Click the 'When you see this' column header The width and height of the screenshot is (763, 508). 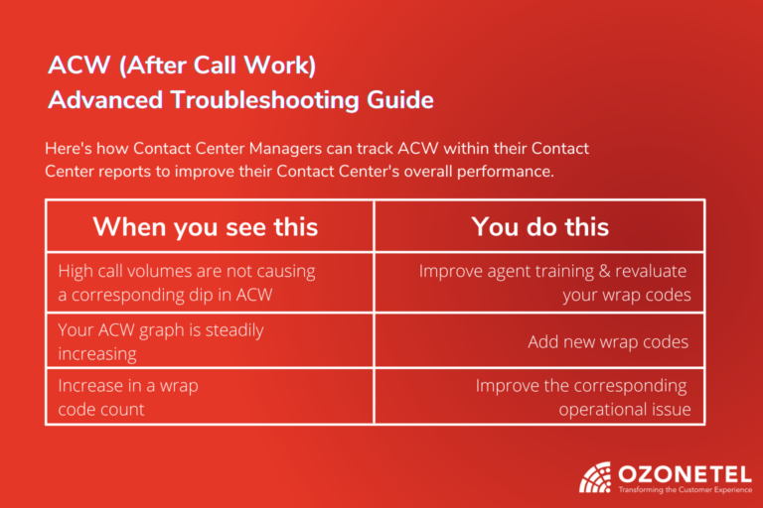206,226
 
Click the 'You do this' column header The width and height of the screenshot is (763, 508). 539,226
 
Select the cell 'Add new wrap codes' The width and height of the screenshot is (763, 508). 607,341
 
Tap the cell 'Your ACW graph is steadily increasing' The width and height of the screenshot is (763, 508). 161,340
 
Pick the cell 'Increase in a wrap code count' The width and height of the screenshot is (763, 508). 127,396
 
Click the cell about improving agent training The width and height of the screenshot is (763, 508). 552,282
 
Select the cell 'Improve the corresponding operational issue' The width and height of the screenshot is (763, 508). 581,396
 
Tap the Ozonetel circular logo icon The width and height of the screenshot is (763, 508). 596,477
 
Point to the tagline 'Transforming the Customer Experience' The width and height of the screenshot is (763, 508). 680,490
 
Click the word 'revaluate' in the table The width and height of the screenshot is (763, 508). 642,271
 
